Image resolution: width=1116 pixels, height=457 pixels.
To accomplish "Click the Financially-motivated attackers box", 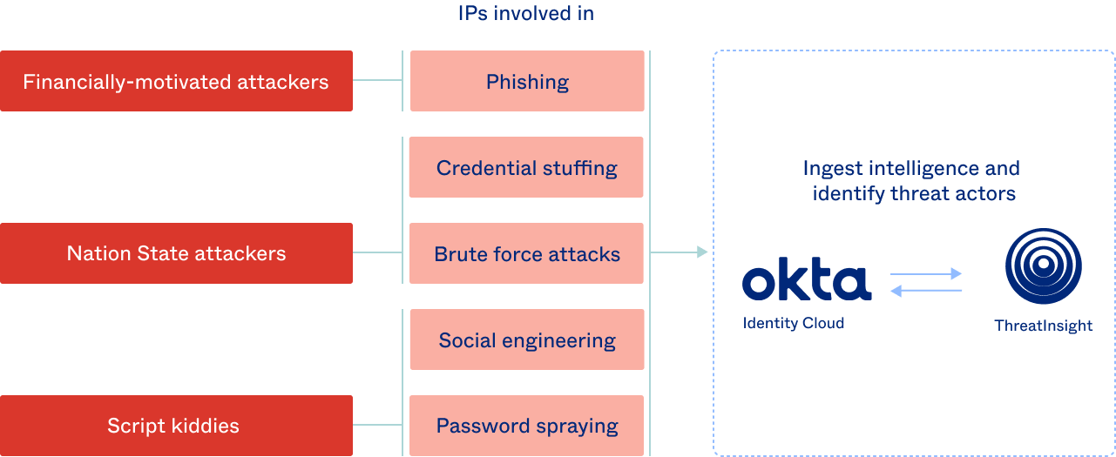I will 176,81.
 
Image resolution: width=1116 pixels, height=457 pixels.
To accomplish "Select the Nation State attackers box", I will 176,253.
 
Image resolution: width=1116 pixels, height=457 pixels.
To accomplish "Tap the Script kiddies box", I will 176,426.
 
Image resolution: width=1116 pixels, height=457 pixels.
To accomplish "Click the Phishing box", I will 527,81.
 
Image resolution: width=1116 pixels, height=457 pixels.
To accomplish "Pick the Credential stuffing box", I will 527,167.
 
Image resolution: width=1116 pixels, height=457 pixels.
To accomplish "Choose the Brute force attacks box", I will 527,253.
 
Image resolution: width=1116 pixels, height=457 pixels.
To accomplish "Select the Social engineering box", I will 527,339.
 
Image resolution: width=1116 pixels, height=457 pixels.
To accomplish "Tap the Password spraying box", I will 527,426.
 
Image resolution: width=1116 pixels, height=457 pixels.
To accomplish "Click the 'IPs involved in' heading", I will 526,13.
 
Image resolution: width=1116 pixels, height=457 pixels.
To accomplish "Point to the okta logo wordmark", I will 806,282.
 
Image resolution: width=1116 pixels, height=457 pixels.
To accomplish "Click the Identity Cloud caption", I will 794,323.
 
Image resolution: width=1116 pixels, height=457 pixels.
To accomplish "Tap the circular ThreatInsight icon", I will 1044,265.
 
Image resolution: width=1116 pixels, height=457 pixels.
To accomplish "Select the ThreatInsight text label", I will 1044,326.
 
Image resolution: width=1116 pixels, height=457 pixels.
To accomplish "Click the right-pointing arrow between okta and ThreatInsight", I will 926,274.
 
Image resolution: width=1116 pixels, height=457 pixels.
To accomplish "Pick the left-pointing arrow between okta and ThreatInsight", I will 926,292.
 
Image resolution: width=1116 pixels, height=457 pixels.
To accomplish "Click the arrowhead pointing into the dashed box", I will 702,252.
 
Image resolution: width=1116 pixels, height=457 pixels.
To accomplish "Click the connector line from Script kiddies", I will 377,426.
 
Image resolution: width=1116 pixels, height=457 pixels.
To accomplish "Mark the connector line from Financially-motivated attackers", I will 377,81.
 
